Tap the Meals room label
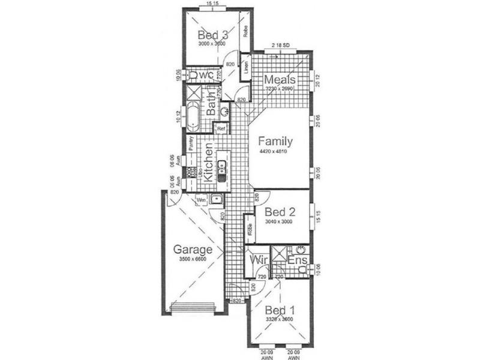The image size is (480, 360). click(x=279, y=80)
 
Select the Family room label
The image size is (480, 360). click(x=275, y=142)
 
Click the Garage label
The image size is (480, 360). click(x=193, y=250)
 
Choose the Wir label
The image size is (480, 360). click(x=258, y=260)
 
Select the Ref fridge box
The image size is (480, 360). click(x=221, y=128)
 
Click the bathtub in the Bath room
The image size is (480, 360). click(x=193, y=117)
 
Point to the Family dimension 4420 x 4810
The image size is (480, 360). click(x=275, y=152)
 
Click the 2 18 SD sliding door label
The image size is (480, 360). click(x=281, y=45)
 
